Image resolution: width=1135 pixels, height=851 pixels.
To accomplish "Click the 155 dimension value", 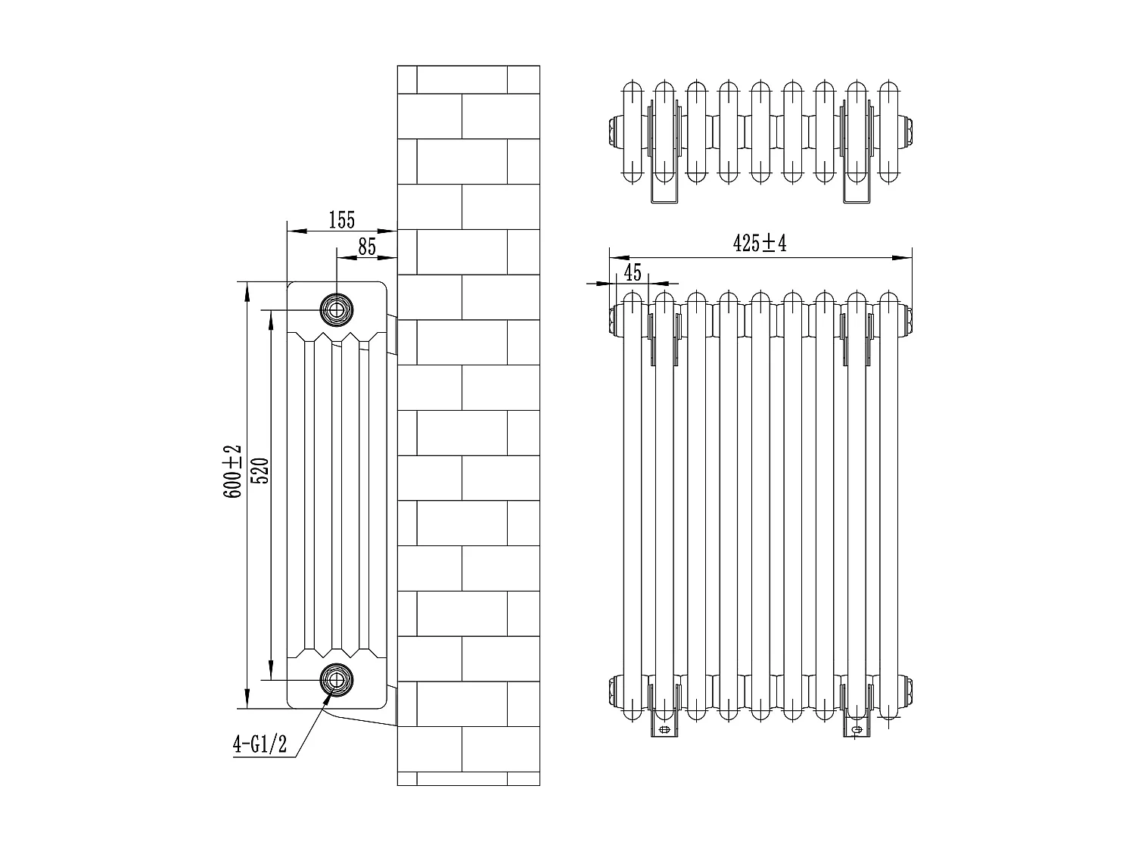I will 341,220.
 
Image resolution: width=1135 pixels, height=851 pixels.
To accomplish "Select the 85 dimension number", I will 366,247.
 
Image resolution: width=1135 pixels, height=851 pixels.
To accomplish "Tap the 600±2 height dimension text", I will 232,471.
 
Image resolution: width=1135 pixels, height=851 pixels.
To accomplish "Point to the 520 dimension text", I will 259,471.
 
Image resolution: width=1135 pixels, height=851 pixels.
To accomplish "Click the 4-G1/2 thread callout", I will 260,745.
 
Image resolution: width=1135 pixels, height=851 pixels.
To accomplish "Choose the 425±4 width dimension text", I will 760,244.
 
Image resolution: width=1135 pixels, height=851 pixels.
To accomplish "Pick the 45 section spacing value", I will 633,271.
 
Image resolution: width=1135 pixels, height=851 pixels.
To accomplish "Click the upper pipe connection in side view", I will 336,308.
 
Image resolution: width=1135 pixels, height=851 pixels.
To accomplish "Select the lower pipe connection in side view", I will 336,678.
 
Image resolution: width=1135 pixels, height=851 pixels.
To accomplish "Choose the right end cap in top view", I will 907,130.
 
